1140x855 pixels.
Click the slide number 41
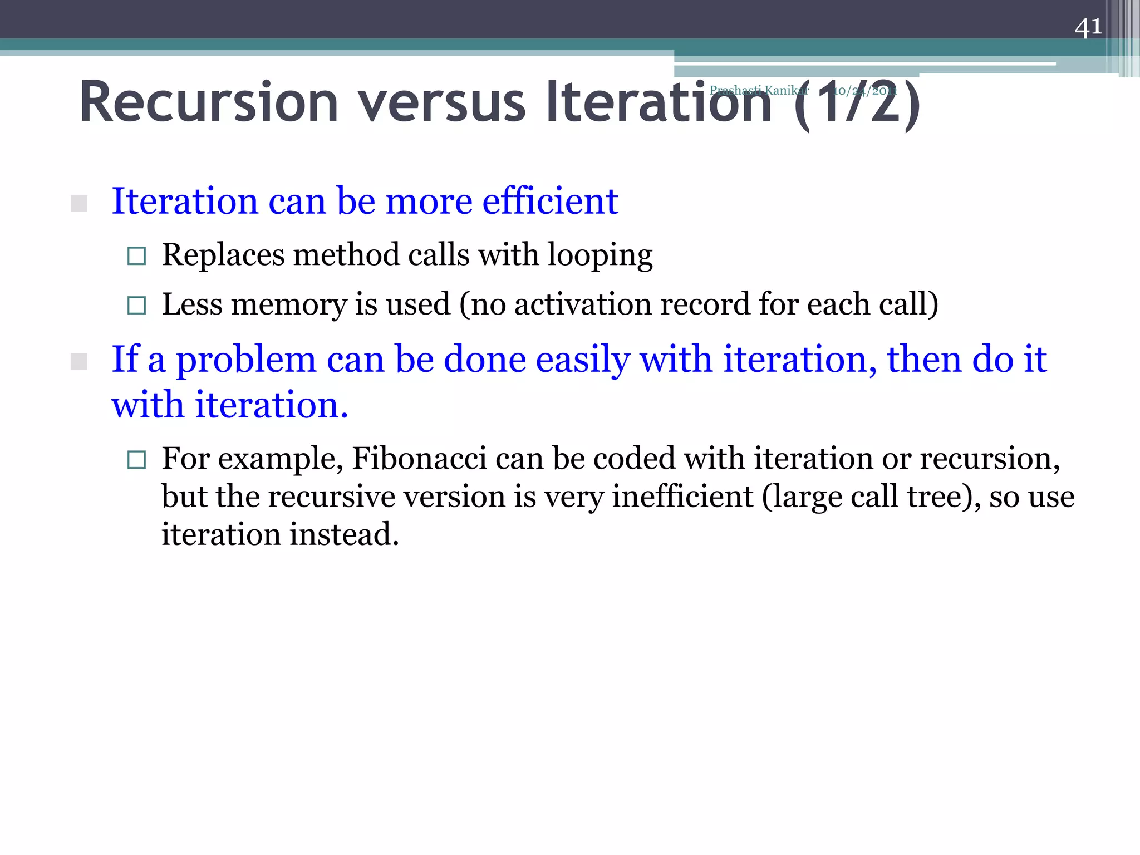pyautogui.click(x=1088, y=27)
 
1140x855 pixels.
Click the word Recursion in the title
pyautogui.click(x=209, y=103)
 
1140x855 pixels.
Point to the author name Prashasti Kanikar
pyautogui.click(x=759, y=90)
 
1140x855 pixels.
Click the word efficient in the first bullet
pyautogui.click(x=549, y=201)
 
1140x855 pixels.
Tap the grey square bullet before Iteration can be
pyautogui.click(x=79, y=203)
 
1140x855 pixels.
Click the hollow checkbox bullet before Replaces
pyautogui.click(x=136, y=256)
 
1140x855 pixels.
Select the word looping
pyautogui.click(x=600, y=256)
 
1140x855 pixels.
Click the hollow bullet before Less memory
pyautogui.click(x=136, y=305)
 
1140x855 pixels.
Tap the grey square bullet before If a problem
pyautogui.click(x=79, y=362)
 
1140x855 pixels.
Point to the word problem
pyautogui.click(x=246, y=360)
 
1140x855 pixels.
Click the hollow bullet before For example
pyautogui.click(x=136, y=460)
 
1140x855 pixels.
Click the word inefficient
pyautogui.click(x=682, y=497)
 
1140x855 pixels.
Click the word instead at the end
pyautogui.click(x=343, y=534)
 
